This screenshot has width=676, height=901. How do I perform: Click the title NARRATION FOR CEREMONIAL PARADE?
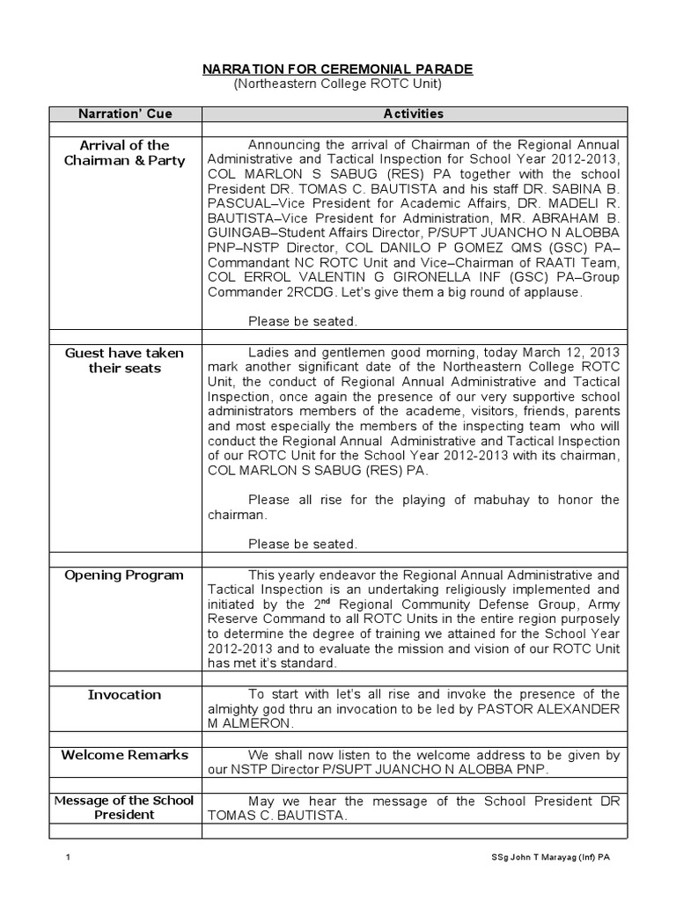pyautogui.click(x=338, y=70)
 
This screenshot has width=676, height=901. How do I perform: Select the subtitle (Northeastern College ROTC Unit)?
pyautogui.click(x=338, y=84)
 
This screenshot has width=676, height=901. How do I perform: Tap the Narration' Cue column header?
pyautogui.click(x=126, y=114)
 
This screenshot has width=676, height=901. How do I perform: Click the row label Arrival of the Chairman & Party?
pyautogui.click(x=125, y=152)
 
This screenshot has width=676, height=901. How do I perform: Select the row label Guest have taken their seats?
pyautogui.click(x=125, y=360)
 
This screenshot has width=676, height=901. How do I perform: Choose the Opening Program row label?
pyautogui.click(x=125, y=575)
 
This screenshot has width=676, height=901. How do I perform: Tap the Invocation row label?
pyautogui.click(x=125, y=694)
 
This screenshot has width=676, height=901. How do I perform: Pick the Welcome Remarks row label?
pyautogui.click(x=125, y=754)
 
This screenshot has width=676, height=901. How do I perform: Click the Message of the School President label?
pyautogui.click(x=125, y=807)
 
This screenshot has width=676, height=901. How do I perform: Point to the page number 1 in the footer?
pyautogui.click(x=68, y=859)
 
